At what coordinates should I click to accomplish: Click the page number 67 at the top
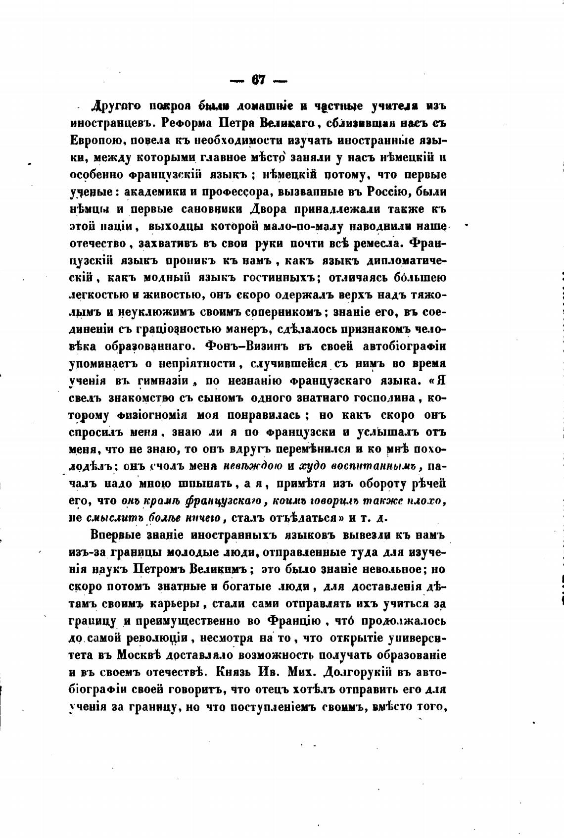click(258, 80)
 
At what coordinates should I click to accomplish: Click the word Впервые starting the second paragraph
click(121, 536)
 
